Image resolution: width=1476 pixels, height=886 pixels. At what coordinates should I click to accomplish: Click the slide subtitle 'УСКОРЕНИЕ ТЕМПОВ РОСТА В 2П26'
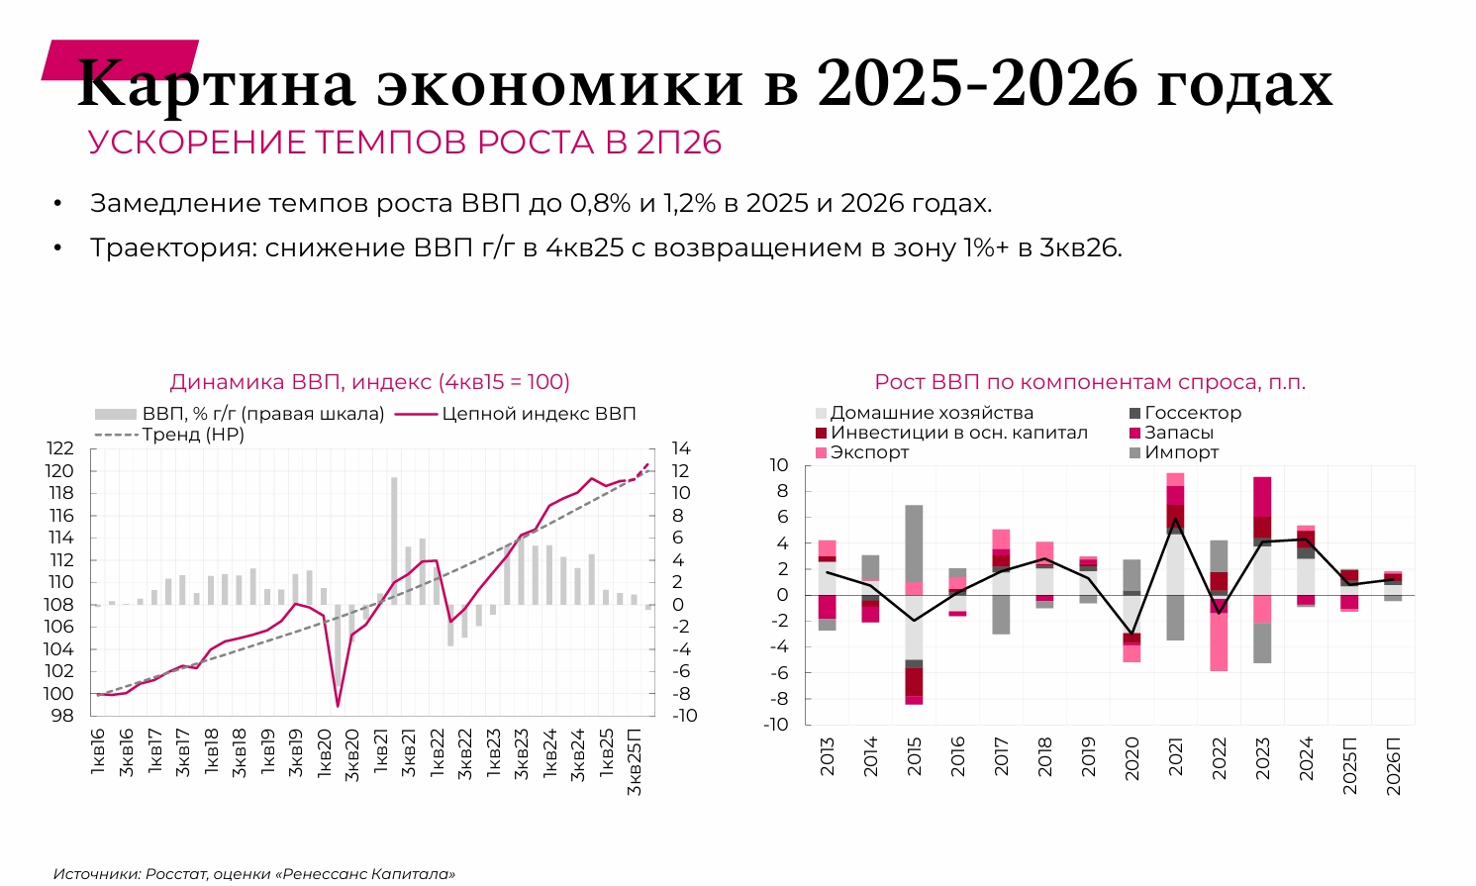(x=405, y=143)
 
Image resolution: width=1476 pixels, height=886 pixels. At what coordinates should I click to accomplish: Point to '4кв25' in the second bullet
(x=585, y=247)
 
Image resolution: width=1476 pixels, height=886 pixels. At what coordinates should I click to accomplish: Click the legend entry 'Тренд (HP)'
(x=192, y=434)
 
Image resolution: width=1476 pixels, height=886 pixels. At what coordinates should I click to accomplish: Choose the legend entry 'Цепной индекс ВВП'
(x=539, y=414)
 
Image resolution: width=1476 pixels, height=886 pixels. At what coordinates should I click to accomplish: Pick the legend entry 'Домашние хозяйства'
(x=932, y=413)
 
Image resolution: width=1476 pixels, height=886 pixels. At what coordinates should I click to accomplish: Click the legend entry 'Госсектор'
(x=1193, y=413)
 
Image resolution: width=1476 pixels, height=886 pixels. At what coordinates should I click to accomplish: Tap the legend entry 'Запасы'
(x=1178, y=433)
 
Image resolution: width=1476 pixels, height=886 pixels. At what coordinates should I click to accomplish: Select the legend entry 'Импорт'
(x=1181, y=452)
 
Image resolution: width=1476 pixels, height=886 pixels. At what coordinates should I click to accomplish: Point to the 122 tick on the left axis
(x=60, y=448)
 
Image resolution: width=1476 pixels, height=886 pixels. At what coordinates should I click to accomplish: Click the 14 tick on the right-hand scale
(x=680, y=448)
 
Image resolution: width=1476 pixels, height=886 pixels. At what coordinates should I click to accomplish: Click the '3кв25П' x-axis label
(x=635, y=761)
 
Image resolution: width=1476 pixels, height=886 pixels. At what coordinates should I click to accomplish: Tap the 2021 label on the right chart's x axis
(x=1176, y=757)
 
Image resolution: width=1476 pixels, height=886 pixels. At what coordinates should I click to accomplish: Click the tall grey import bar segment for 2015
(x=914, y=542)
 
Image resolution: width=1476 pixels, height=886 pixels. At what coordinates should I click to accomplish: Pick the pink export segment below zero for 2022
(x=1219, y=641)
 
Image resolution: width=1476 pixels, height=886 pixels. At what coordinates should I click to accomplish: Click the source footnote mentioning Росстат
(x=254, y=874)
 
